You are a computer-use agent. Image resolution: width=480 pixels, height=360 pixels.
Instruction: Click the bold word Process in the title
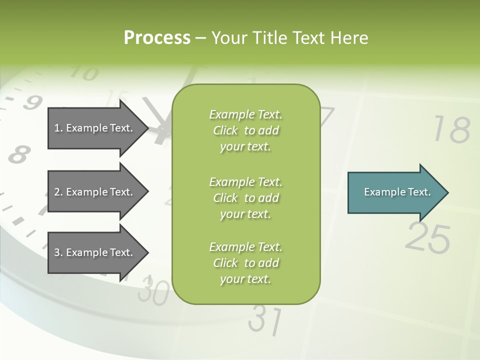tap(157, 38)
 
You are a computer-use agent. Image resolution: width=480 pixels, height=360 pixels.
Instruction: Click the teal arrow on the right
tap(395, 192)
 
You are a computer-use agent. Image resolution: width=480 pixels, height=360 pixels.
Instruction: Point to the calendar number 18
tap(451, 130)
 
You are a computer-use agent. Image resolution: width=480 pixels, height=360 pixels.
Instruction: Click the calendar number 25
tap(427, 238)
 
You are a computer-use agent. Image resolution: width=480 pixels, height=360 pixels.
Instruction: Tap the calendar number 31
tap(265, 320)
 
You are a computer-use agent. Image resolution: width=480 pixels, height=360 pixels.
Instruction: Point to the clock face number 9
tap(32, 103)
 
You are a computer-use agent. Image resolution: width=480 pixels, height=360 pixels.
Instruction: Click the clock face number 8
tap(18, 154)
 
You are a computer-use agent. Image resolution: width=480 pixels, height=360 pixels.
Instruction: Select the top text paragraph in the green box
tap(245, 130)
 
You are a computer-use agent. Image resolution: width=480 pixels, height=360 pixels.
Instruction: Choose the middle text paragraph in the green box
tap(245, 198)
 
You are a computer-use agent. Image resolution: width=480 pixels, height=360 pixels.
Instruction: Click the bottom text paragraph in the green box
tap(245, 263)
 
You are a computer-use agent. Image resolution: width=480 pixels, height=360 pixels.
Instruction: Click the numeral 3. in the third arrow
tap(58, 253)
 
